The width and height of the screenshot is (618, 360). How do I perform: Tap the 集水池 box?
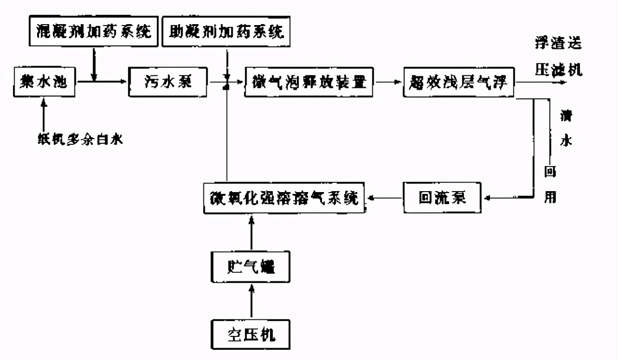(44, 82)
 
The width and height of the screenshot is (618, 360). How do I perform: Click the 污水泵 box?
(168, 82)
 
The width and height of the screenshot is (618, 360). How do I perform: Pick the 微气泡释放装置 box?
(309, 82)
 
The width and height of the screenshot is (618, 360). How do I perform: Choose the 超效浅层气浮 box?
(459, 82)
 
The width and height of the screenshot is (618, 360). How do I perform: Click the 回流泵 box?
(443, 198)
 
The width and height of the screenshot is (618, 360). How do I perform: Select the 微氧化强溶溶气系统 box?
(284, 198)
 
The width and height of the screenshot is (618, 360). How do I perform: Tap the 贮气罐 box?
(251, 267)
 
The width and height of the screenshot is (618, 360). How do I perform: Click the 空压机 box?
(251, 334)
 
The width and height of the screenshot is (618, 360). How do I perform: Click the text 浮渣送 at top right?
(558, 43)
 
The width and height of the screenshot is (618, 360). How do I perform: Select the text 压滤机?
(558, 70)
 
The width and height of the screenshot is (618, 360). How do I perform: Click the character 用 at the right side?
(550, 197)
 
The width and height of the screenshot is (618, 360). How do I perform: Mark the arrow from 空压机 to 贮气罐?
(251, 301)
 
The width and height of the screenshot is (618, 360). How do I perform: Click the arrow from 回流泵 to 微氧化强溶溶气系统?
(384, 198)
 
